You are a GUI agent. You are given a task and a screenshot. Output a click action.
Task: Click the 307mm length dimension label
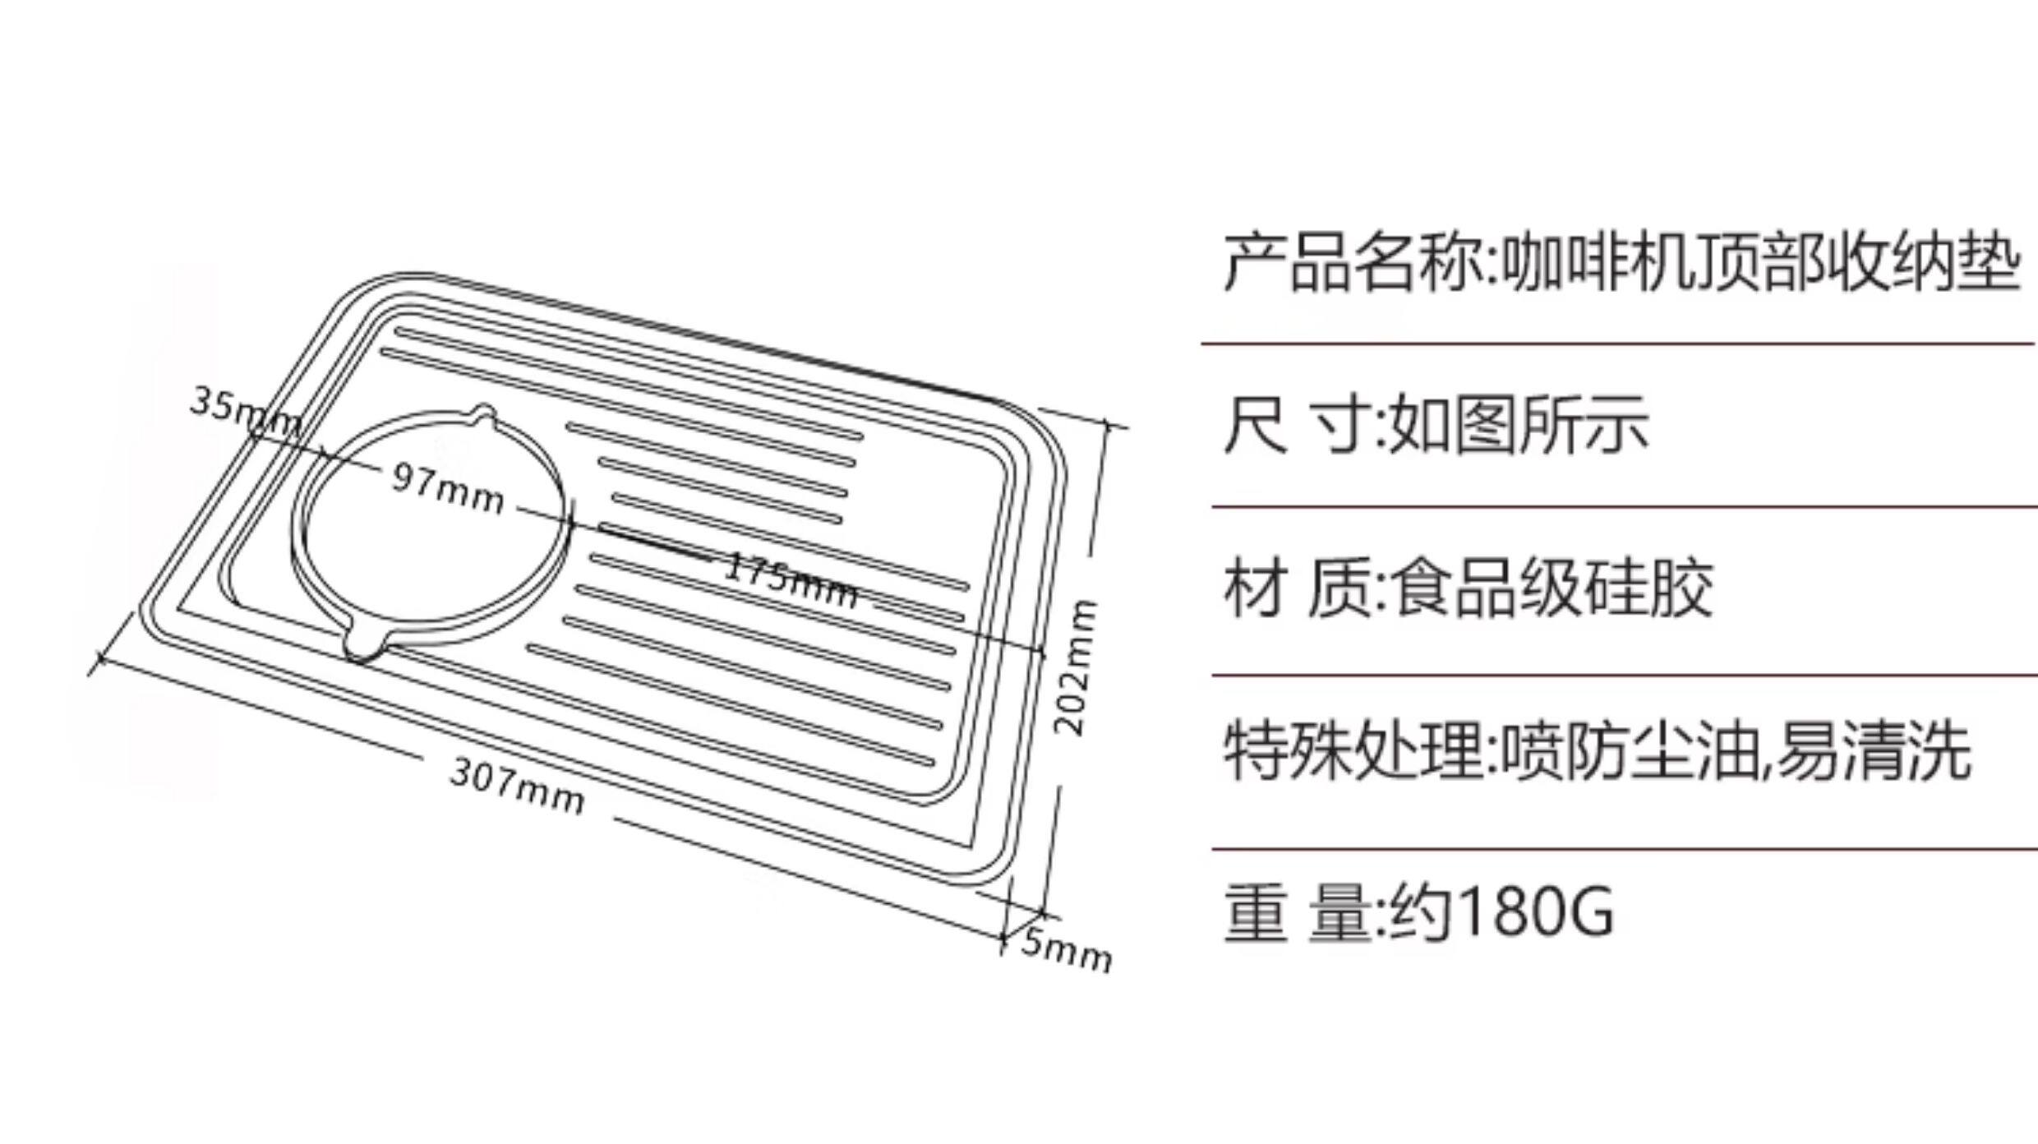point(518,786)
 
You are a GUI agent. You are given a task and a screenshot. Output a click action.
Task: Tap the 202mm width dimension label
point(1077,667)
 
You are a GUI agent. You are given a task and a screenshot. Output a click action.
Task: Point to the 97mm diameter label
point(448,488)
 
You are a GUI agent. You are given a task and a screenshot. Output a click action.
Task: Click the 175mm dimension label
point(791,581)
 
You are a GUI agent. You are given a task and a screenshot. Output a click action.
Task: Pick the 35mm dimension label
point(245,412)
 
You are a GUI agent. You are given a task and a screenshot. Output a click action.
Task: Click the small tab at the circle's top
point(484,413)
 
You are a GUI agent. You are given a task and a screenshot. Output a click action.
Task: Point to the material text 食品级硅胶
point(1553,588)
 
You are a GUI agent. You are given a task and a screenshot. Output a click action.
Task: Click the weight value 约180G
point(1501,911)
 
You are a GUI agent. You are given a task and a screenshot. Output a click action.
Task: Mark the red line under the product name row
point(1619,344)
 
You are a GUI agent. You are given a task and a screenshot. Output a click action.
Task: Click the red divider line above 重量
point(1624,849)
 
